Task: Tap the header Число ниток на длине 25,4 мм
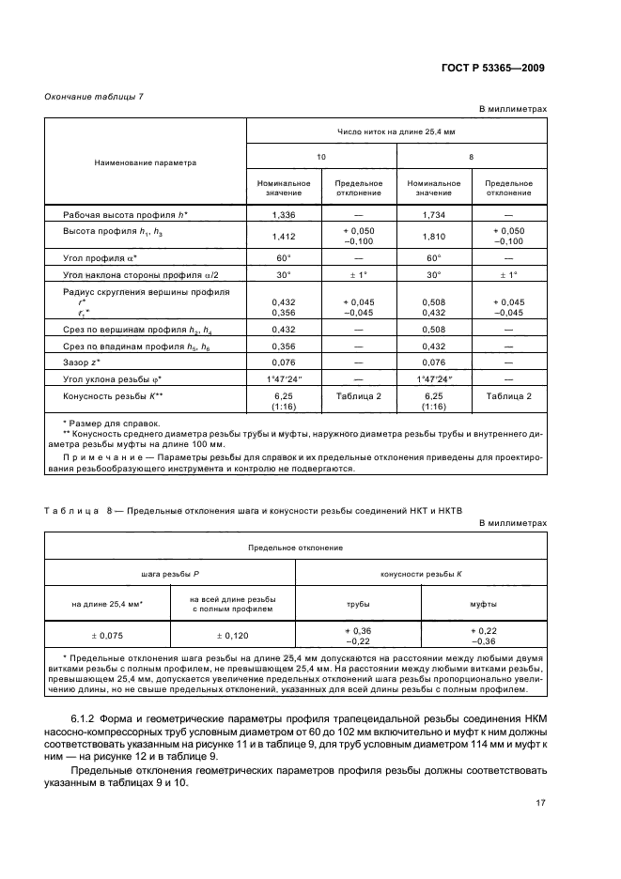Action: pyautogui.click(x=396, y=132)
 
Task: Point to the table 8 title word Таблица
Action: pyautogui.click(x=70, y=509)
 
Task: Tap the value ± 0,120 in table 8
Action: pyautogui.click(x=232, y=636)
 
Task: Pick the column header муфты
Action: pyautogui.click(x=483, y=604)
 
